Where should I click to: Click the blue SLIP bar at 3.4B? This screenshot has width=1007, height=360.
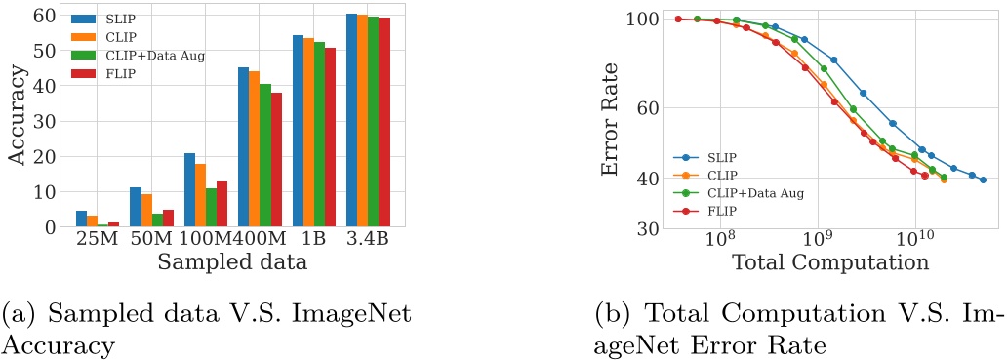pos(352,121)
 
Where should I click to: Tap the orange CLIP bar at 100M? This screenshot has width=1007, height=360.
pos(200,195)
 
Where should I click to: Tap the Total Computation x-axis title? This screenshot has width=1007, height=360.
pos(829,261)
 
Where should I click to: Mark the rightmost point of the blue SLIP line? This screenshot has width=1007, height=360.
pos(983,180)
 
